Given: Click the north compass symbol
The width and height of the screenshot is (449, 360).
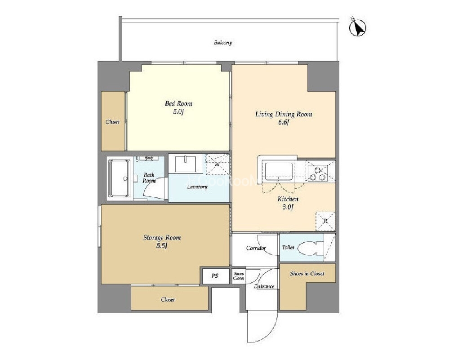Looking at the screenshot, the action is pos(358,28).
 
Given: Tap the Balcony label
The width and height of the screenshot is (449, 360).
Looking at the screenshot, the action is pos(223,43).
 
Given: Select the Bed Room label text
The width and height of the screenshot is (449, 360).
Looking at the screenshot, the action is pos(178,103).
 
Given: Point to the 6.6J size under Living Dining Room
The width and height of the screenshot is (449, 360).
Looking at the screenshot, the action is pos(284,123).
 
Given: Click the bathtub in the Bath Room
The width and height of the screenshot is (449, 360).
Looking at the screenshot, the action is pos(119,178).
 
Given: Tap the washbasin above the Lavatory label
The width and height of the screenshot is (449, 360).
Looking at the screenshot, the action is pos(186,164).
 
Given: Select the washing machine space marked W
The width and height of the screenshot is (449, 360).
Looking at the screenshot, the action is pos(218,164).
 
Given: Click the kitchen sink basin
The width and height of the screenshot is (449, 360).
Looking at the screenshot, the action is pos(279,171).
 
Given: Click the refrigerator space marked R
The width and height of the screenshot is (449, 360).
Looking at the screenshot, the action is pos(325,221).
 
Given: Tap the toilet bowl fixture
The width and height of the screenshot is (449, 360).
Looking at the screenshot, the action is pos(308,248).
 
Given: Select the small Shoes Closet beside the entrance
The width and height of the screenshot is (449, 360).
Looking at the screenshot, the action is pos(239,276).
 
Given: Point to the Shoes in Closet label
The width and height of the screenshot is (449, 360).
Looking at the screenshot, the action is pos(307,274).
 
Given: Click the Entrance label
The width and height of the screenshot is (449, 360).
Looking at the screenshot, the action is pos(264,286).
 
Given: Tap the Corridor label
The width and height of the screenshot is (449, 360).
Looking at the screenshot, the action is pos(256,248).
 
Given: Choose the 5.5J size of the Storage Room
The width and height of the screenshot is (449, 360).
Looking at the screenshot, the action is pos(162,246).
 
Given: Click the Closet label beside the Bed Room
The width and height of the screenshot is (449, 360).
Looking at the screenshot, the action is pos(112,122).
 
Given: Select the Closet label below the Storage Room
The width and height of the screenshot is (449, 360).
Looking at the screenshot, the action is pos(168,300).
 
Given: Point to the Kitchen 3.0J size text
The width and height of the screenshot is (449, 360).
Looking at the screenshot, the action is pos(288,207).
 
